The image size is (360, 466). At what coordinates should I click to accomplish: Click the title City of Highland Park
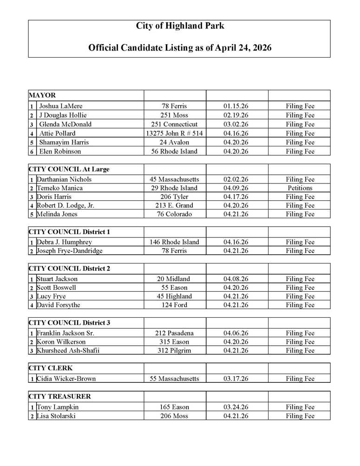(180, 26)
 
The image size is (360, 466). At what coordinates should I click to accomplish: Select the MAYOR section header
(42, 95)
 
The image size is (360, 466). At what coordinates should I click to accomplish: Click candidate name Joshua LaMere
(61, 106)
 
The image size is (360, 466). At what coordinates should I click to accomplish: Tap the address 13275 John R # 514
(174, 133)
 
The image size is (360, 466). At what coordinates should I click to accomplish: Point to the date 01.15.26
(236, 106)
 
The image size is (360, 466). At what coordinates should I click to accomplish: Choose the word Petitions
(300, 188)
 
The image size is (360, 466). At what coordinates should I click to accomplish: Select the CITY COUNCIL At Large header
(69, 169)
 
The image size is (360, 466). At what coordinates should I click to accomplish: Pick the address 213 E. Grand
(174, 205)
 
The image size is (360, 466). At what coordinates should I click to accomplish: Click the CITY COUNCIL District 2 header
(69, 269)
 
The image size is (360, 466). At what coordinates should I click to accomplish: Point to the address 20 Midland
(174, 279)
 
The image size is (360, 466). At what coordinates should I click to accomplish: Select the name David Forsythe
(58, 305)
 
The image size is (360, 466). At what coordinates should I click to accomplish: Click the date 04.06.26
(236, 333)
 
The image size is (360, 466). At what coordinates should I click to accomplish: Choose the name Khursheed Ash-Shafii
(68, 351)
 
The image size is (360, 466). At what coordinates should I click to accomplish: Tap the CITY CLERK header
(51, 368)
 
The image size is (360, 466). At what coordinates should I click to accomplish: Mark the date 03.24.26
(236, 407)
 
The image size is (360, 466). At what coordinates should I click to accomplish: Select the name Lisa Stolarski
(56, 416)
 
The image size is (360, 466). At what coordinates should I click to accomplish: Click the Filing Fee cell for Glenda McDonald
(300, 125)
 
